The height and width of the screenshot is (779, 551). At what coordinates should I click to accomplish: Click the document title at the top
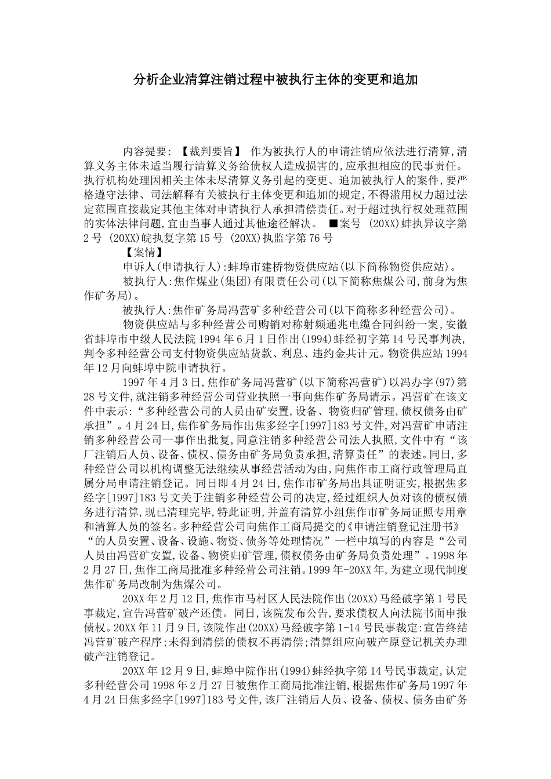click(x=275, y=79)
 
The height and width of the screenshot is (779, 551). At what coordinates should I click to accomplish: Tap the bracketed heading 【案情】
click(x=143, y=253)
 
